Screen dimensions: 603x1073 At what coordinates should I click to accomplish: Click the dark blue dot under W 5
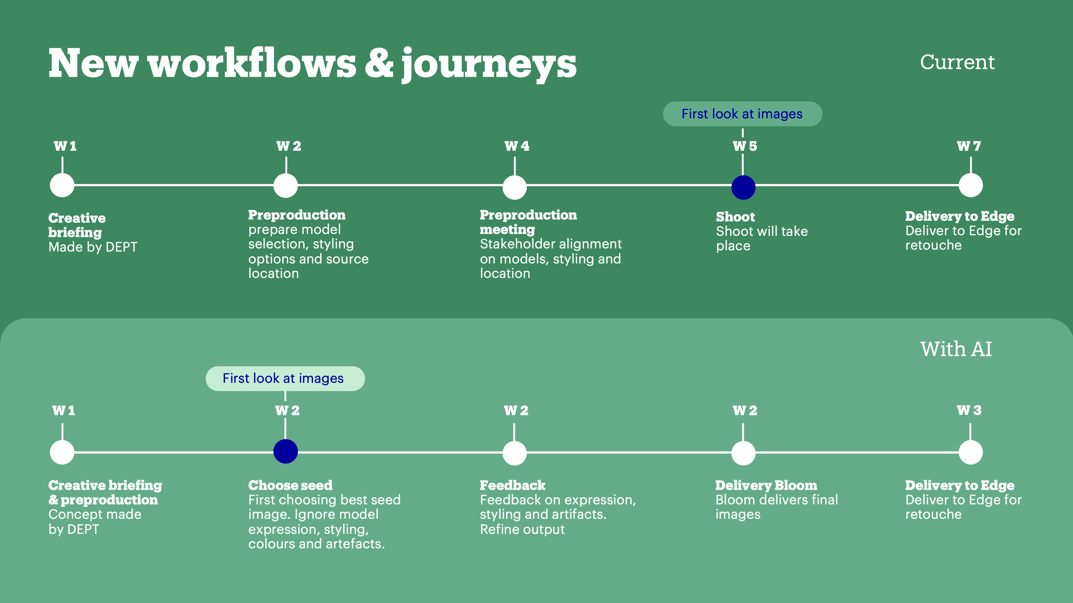pyautogui.click(x=743, y=187)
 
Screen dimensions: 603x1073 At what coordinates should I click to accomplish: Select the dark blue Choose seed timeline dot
pyautogui.click(x=285, y=451)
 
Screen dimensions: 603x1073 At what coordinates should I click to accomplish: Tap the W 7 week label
pyautogui.click(x=968, y=146)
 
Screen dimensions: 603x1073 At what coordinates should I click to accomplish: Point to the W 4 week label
pyautogui.click(x=516, y=146)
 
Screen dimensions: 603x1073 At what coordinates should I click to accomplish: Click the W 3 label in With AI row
pyautogui.click(x=969, y=410)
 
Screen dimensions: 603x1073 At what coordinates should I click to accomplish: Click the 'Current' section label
pyautogui.click(x=957, y=62)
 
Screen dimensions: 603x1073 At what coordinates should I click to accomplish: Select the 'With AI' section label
pyautogui.click(x=956, y=349)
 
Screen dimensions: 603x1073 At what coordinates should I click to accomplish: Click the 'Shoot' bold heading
pyautogui.click(x=735, y=217)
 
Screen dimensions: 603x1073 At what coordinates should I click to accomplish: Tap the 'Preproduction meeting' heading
pyautogui.click(x=528, y=222)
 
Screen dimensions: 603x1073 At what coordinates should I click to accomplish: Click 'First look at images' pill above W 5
pyautogui.click(x=742, y=114)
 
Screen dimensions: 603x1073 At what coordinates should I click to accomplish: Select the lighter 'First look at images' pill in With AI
pyautogui.click(x=285, y=378)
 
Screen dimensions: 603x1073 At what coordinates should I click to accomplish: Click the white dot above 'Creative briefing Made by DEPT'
pyautogui.click(x=62, y=185)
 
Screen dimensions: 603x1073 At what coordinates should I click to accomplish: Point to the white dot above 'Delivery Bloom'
pyautogui.click(x=743, y=453)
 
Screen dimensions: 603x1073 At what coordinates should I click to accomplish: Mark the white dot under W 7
pyautogui.click(x=971, y=185)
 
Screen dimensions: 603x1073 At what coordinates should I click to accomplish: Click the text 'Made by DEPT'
pyautogui.click(x=93, y=247)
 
